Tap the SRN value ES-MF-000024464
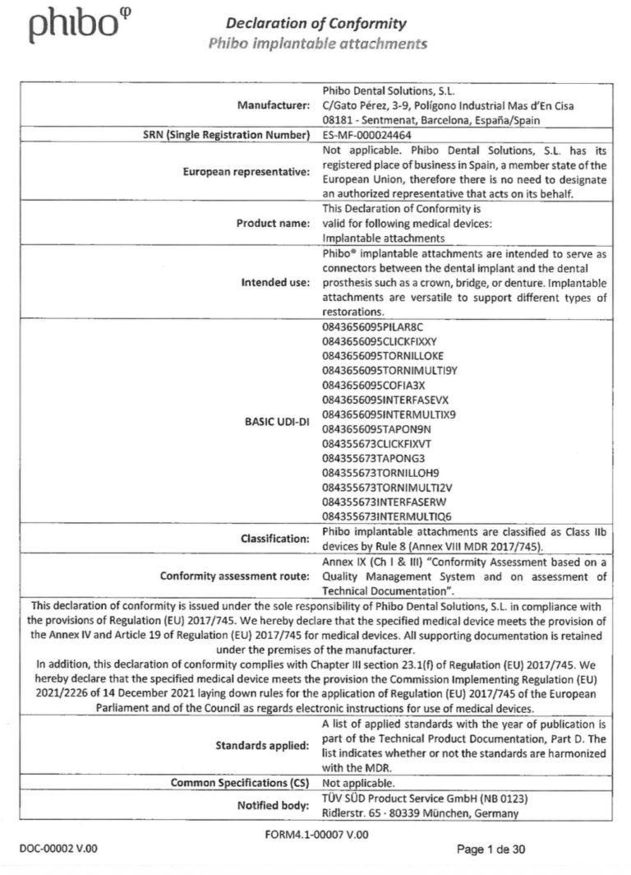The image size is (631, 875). (369, 135)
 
